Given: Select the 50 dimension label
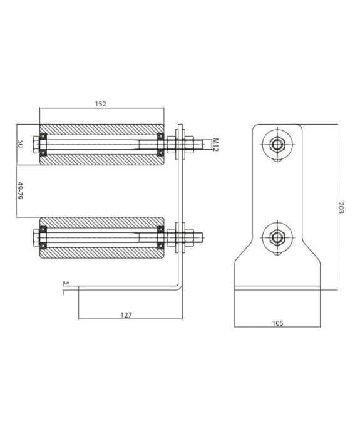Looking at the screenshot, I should pos(21,145).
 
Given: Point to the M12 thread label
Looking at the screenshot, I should pos(214,144).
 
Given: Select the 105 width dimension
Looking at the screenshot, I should pos(277,323).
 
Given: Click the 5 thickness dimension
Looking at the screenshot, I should pos(66,283).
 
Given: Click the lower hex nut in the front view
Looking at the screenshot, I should pos(277,237).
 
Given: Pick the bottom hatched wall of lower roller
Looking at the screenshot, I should pos(101,254).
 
